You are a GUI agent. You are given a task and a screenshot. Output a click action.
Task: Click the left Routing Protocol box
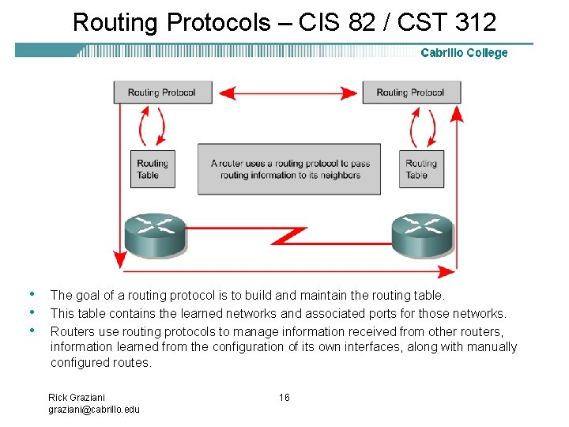[x=162, y=92]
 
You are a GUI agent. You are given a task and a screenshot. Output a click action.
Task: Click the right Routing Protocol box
[x=411, y=92]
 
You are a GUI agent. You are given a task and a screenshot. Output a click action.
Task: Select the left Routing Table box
[x=153, y=168]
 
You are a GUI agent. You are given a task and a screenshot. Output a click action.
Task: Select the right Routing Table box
[x=421, y=168]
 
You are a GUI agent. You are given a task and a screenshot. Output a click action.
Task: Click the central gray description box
[x=289, y=168]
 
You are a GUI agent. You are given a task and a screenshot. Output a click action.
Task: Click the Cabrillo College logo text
[x=464, y=53]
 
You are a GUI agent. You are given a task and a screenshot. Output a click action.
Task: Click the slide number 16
[x=284, y=397]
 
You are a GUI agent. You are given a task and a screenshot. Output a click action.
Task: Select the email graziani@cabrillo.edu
[x=94, y=409]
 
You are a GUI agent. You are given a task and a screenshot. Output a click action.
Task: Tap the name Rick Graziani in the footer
[x=77, y=397]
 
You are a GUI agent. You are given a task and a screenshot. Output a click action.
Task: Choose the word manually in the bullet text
[x=491, y=347]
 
